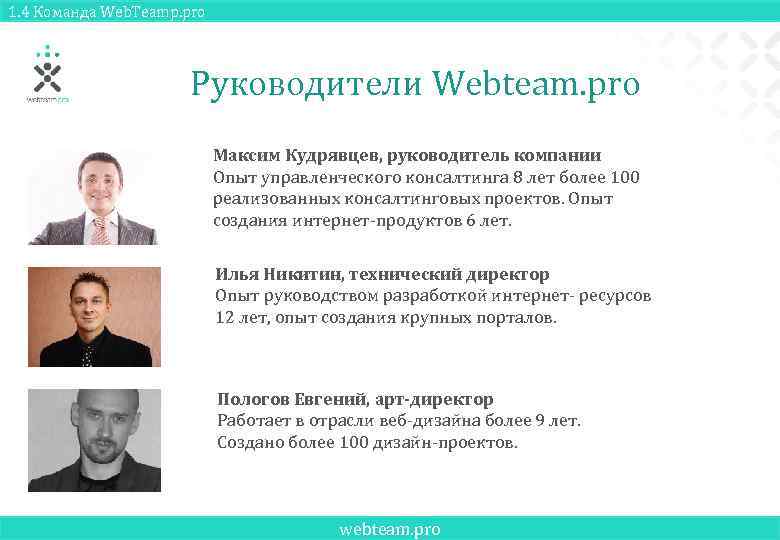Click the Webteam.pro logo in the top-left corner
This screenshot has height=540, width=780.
pyautogui.click(x=47, y=73)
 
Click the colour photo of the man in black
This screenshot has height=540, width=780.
pyautogui.click(x=93, y=316)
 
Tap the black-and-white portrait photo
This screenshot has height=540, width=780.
pyautogui.click(x=93, y=439)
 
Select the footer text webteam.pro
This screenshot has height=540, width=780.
pyautogui.click(x=390, y=529)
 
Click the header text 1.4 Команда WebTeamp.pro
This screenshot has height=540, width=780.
pyautogui.click(x=103, y=11)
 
